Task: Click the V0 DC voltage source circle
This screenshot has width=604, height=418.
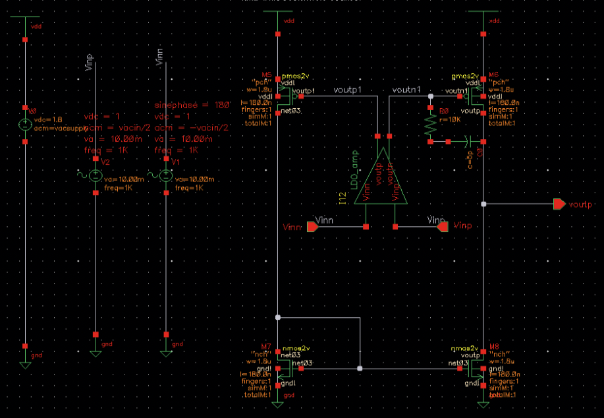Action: coord(24,124)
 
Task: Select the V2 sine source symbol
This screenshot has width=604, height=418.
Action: coord(96,176)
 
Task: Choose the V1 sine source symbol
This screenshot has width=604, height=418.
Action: coord(165,176)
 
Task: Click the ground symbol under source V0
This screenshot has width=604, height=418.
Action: coord(24,364)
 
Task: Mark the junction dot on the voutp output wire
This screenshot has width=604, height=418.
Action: coord(483,204)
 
